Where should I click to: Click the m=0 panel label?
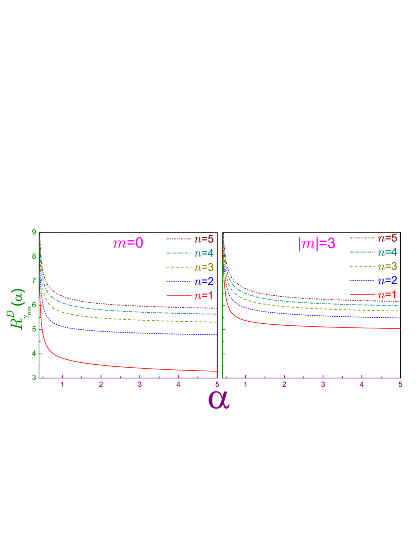[x=128, y=243]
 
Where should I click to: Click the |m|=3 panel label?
[x=317, y=243]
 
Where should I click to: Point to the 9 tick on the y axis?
[x=34, y=232]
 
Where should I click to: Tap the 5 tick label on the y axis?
[x=34, y=329]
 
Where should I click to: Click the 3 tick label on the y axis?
[x=34, y=377]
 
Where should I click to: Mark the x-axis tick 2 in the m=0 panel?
[x=101, y=385]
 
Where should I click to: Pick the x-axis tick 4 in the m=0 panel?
[x=178, y=385]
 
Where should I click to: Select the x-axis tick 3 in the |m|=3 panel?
[x=323, y=385]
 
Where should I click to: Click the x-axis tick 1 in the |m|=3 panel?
[x=246, y=385]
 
